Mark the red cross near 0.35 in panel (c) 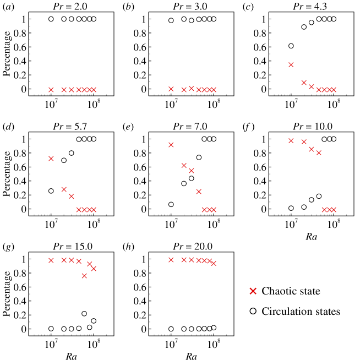[x=291, y=64]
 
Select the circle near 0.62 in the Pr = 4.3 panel [x=291, y=46]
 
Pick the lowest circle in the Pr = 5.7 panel [x=51, y=191]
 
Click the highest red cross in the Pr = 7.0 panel [x=171, y=145]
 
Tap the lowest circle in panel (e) [x=171, y=204]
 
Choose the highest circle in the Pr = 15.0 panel [x=84, y=314]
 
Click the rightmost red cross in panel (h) [x=214, y=263]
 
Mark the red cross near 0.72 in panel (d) [x=51, y=159]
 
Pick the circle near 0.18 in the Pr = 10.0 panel [x=319, y=197]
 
